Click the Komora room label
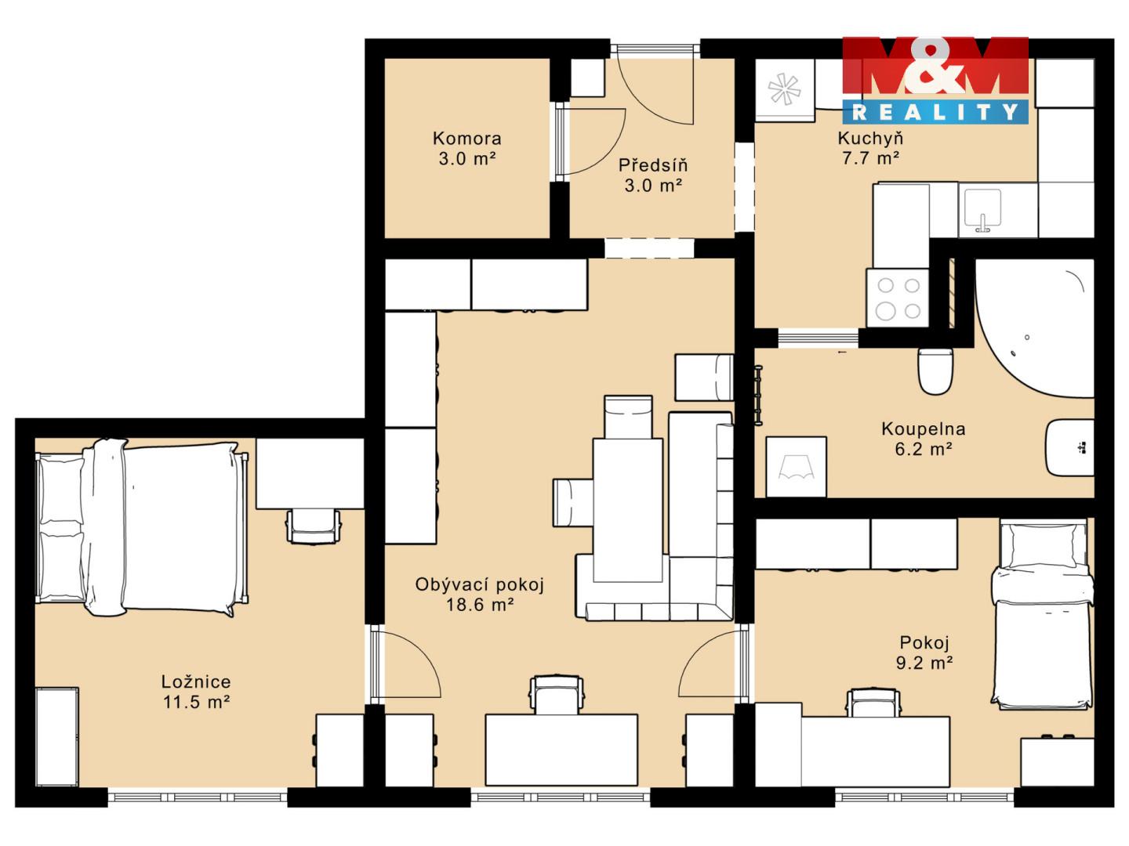[466, 139]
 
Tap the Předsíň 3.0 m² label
[653, 175]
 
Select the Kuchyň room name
[870, 138]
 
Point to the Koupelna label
[923, 429]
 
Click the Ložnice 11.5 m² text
[196, 692]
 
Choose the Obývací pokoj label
[479, 584]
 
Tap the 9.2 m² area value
[924, 663]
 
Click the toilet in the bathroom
[935, 371]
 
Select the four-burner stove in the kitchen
[898, 298]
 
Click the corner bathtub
[1034, 328]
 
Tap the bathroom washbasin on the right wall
[1070, 447]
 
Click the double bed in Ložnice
[141, 527]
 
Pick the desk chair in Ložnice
[314, 526]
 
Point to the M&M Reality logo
[935, 80]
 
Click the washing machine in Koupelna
[797, 467]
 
